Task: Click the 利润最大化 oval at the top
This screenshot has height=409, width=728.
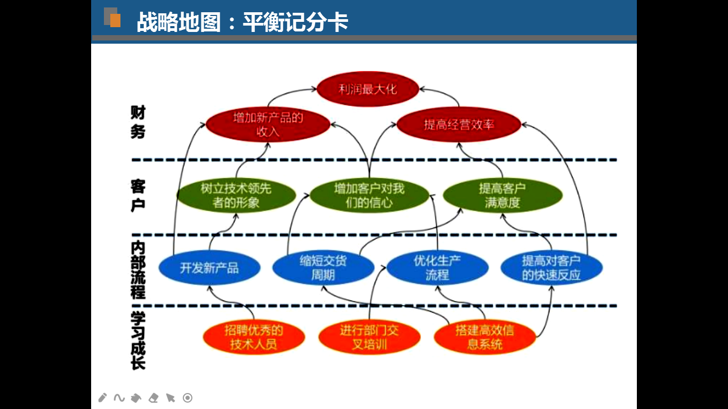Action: pos(368,89)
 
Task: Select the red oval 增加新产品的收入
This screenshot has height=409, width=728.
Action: pos(268,125)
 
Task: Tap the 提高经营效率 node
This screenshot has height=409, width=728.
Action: pos(459,125)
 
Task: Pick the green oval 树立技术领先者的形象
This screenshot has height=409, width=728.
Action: pos(236,195)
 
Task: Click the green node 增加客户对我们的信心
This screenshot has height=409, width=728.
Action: pos(369,195)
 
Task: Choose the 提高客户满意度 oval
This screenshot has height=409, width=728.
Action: pos(502,195)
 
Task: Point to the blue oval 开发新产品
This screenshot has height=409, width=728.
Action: pos(209,267)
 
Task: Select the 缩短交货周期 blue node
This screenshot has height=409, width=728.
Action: pos(323,267)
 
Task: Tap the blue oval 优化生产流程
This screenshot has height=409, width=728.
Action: pos(437,267)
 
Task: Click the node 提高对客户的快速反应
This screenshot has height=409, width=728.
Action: pos(551,267)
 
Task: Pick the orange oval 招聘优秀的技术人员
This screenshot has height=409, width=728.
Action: pos(254,337)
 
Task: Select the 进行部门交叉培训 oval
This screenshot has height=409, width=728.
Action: pos(369,337)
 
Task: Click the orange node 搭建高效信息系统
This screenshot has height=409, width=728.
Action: pos(484,337)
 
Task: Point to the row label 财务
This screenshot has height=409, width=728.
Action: pos(137,122)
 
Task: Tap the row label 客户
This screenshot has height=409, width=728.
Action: pos(137,195)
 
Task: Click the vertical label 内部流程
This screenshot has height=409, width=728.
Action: pos(137,270)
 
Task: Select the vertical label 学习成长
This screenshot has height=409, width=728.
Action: pos(137,341)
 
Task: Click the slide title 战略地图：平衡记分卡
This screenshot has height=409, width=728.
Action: pos(242,22)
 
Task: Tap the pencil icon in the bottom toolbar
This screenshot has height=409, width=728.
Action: pos(103,398)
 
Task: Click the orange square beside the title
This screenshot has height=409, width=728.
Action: pos(115,21)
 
